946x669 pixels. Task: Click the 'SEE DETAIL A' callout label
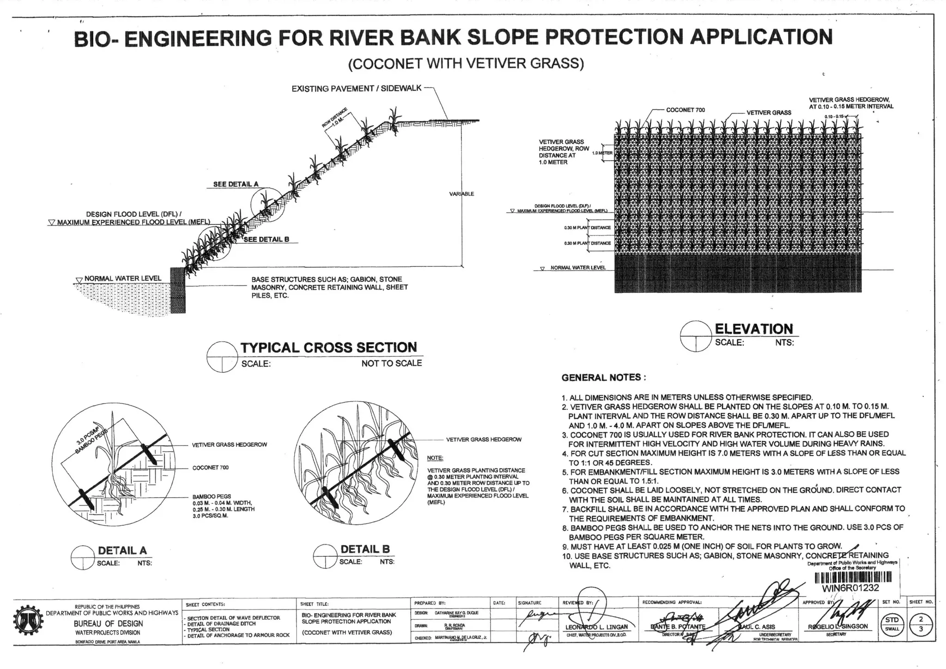236,184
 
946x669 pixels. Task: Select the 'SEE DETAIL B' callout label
266,239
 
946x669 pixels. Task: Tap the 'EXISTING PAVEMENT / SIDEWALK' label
356,88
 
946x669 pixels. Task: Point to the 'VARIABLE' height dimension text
461,194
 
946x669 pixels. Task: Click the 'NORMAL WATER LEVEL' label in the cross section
122,278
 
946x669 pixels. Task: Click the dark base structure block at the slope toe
178,290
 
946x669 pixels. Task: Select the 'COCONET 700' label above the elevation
685,110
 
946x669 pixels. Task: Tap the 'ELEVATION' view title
754,329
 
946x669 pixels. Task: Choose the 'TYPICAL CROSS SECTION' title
328,347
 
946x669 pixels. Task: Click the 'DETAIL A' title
122,550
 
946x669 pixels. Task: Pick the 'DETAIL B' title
365,549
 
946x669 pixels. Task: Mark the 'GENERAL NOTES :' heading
603,378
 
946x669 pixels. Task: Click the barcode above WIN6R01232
853,578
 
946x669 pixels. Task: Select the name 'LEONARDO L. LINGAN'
596,627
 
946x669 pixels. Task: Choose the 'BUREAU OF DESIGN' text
108,623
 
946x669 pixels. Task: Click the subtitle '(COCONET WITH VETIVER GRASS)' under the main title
466,63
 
